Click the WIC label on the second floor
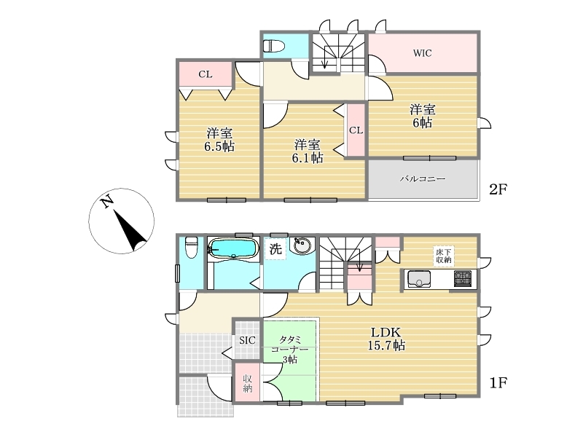423,53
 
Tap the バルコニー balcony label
423,178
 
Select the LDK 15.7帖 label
386,339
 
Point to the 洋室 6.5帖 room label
219,139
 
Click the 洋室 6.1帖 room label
307,151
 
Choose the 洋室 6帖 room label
423,117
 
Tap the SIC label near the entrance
247,340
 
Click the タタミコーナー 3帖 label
289,350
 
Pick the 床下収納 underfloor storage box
444,256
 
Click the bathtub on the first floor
233,248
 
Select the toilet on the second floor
274,46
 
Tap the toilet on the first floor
191,247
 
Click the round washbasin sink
302,245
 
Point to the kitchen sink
419,279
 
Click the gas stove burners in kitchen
463,279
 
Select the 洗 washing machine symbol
275,249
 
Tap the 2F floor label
498,189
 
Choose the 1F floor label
498,382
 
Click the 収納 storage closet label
247,384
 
